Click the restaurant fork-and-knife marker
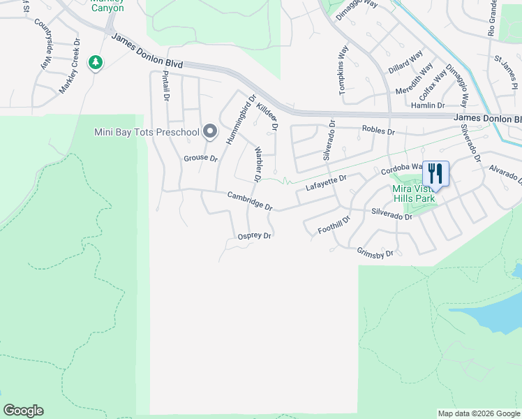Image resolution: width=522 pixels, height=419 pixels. coord(435,172)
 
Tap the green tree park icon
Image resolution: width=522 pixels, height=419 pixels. coord(96,63)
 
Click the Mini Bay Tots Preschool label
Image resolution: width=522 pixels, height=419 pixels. coord(146,132)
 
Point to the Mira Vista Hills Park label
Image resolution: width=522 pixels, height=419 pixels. coord(414,193)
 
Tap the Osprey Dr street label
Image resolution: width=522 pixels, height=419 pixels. coord(254,236)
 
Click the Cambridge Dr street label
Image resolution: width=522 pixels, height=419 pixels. coord(249,201)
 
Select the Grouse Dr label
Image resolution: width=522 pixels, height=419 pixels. coord(201,159)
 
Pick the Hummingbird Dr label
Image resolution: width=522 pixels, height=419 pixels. coord(241,119)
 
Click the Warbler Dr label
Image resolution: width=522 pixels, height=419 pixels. coord(257,165)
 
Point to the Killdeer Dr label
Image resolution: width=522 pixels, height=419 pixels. coord(267,116)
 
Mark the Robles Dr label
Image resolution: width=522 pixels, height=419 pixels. coord(378,131)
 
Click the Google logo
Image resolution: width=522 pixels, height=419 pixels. coord(23,411)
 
